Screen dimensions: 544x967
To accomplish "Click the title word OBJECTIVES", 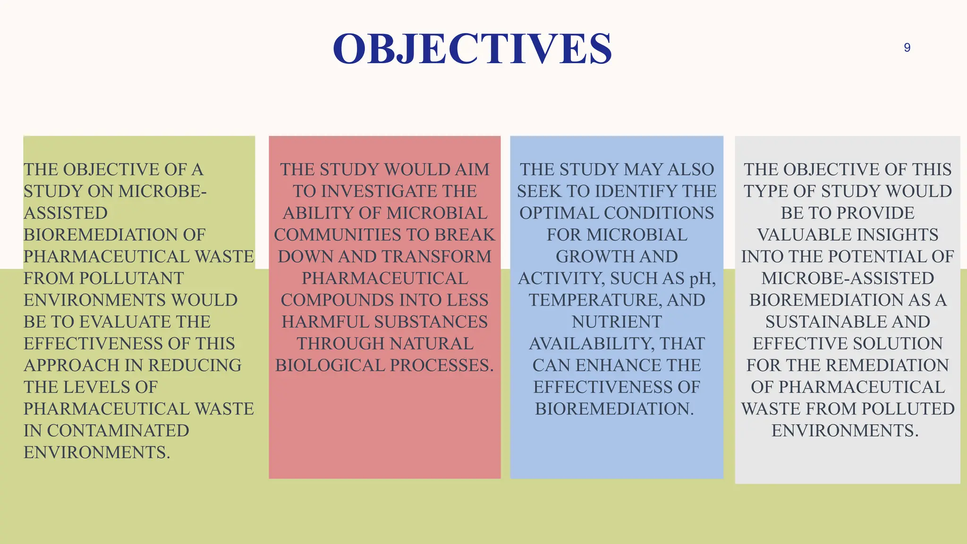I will point(472,49).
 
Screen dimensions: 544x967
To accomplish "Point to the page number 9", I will point(907,48).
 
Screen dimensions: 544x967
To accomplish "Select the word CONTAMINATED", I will point(118,431).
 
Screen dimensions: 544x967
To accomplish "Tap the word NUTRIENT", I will point(617,322).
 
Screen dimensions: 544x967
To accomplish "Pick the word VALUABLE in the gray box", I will point(797,235).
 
